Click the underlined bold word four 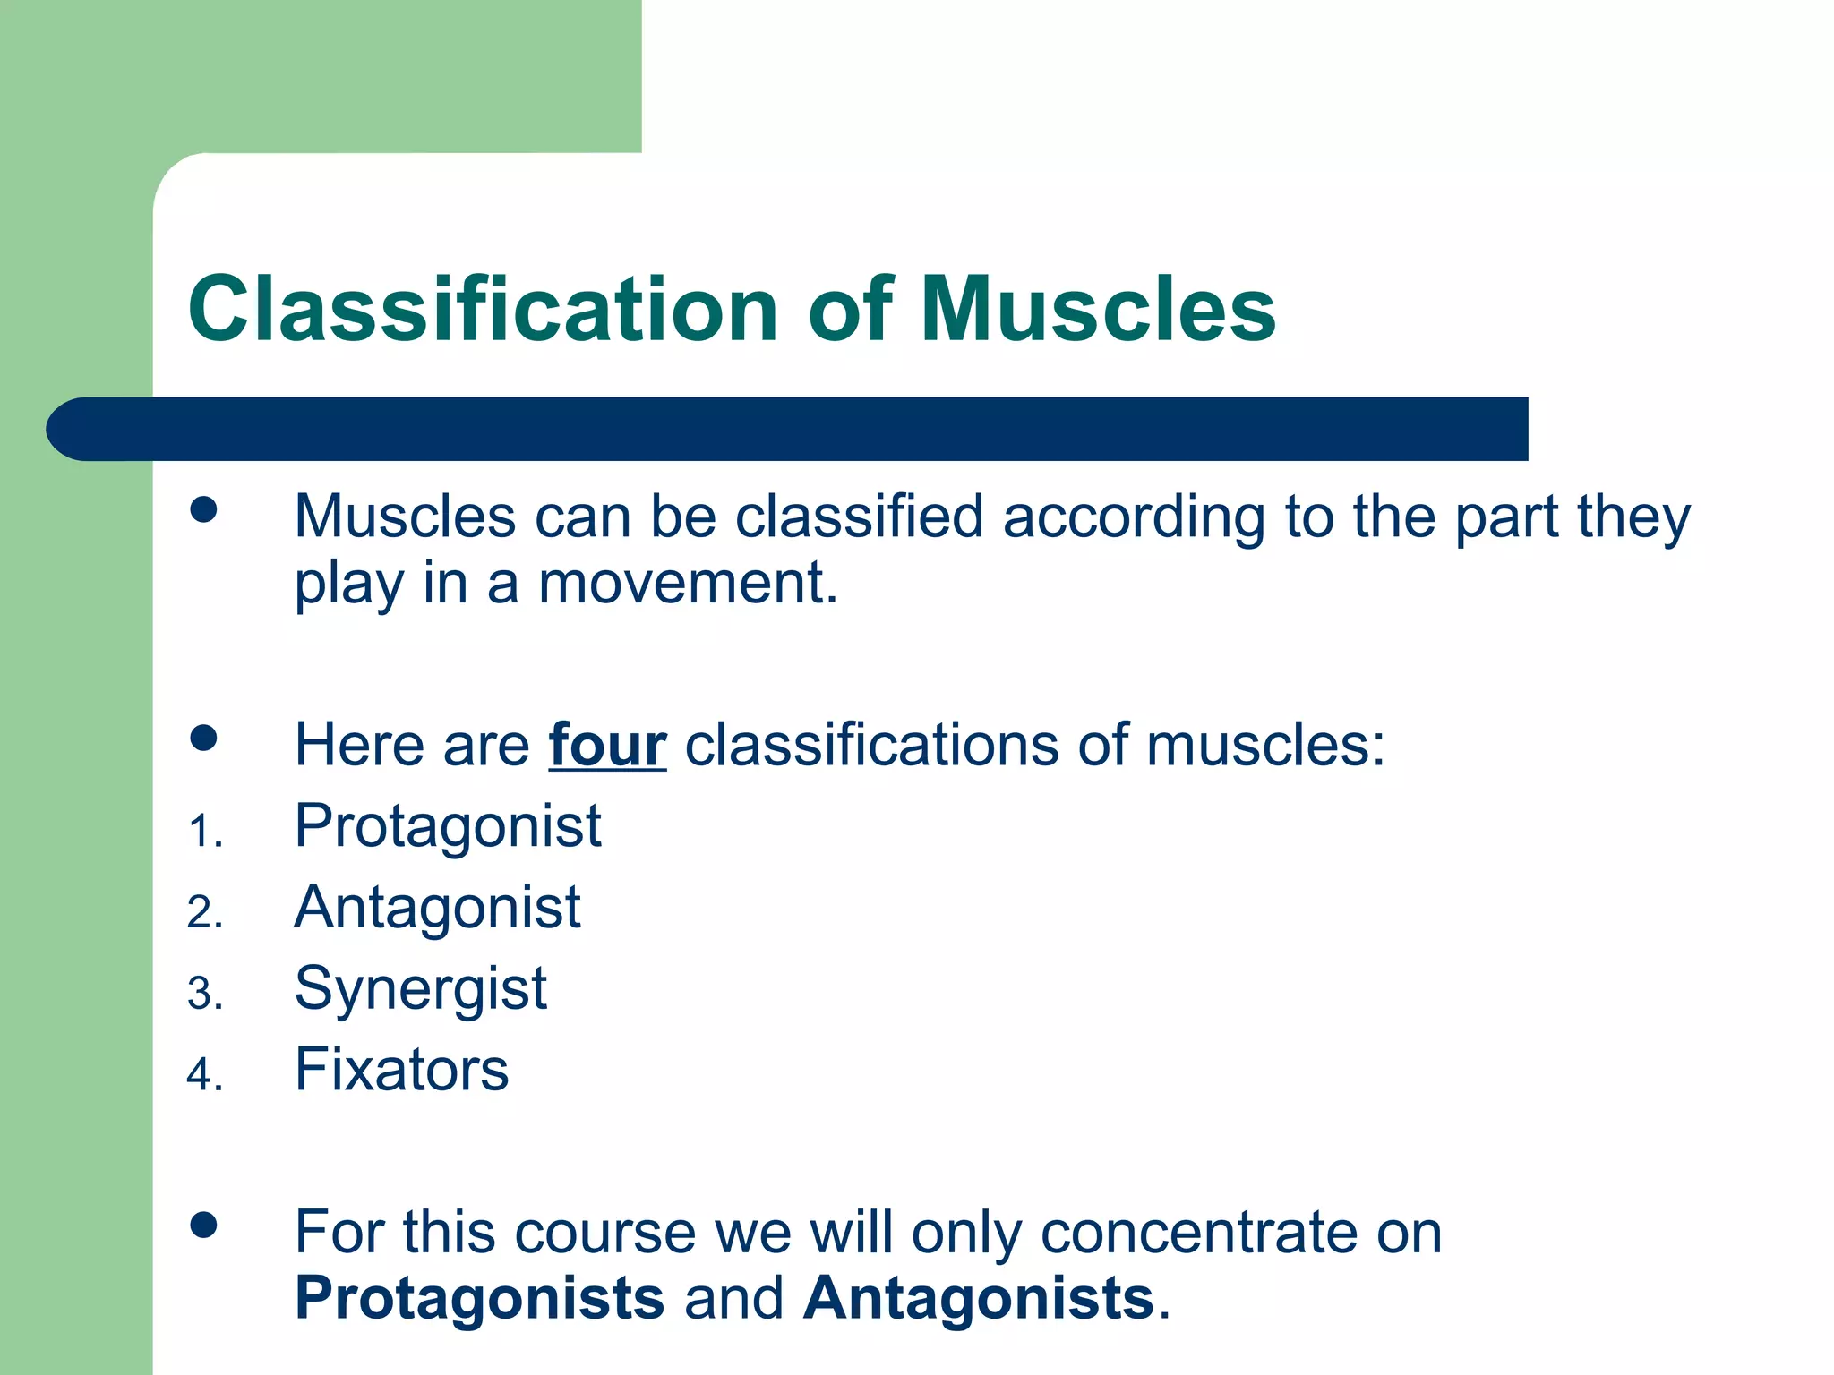[x=607, y=745]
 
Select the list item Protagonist [x=448, y=825]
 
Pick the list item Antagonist [x=437, y=907]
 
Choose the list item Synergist [x=420, y=989]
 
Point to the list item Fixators [x=401, y=1070]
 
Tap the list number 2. [x=203, y=913]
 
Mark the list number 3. [x=203, y=995]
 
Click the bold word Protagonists [x=479, y=1298]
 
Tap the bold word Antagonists [x=978, y=1298]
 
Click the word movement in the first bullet [x=687, y=583]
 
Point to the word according [x=1133, y=517]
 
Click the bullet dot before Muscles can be [x=204, y=509]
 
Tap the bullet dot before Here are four [x=204, y=739]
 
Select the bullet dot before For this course [x=204, y=1226]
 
